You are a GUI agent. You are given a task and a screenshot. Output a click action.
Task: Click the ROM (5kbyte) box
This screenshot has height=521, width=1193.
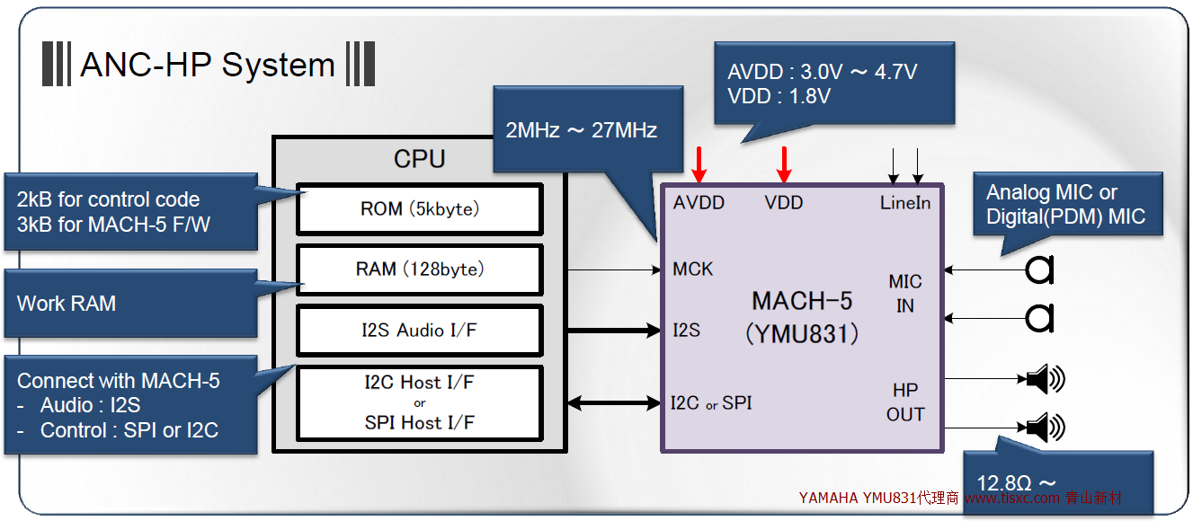(419, 209)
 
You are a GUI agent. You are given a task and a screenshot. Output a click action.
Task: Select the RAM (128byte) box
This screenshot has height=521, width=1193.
(419, 269)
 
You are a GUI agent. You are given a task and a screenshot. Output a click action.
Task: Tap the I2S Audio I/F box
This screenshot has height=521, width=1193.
(419, 330)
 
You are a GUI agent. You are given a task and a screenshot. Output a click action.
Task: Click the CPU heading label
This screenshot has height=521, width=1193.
(419, 159)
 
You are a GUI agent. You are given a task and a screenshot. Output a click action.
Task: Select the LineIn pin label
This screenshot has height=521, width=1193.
(904, 203)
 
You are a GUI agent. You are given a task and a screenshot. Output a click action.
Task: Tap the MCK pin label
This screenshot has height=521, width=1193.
(692, 269)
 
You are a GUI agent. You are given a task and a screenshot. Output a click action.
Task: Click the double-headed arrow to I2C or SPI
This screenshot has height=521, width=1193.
(614, 403)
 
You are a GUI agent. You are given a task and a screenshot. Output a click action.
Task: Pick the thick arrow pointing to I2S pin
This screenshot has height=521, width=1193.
(614, 331)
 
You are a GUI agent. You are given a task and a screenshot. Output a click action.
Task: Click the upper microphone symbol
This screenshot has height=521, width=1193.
(1040, 269)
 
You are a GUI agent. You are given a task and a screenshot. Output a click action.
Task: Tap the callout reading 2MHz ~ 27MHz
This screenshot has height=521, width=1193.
(581, 130)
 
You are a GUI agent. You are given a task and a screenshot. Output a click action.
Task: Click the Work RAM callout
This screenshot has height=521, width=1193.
(67, 304)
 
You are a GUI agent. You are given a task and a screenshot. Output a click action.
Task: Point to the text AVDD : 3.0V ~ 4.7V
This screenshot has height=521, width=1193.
(822, 73)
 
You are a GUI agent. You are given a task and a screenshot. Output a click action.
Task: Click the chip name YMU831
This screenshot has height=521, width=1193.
(802, 334)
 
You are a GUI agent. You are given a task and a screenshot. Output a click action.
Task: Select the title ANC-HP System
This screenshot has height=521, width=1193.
(208, 66)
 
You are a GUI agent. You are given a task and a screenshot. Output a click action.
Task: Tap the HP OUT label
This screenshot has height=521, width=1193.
(904, 402)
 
